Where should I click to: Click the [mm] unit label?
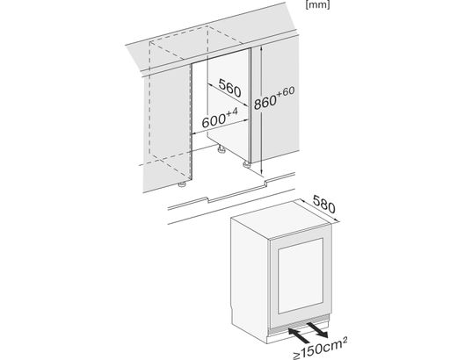[317, 4]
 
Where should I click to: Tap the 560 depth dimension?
[229, 88]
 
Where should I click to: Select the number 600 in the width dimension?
[214, 121]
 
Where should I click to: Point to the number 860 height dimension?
[265, 102]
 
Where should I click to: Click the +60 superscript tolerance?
[286, 91]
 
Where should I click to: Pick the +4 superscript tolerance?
[232, 112]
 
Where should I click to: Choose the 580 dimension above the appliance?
[324, 205]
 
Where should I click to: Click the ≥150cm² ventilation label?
[320, 349]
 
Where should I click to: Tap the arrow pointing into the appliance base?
[299, 335]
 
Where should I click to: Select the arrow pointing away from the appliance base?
[317, 329]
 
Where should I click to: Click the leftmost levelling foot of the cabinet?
[182, 184]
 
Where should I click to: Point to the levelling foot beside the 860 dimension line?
[246, 164]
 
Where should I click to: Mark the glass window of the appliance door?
[301, 276]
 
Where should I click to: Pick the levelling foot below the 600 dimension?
[221, 149]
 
